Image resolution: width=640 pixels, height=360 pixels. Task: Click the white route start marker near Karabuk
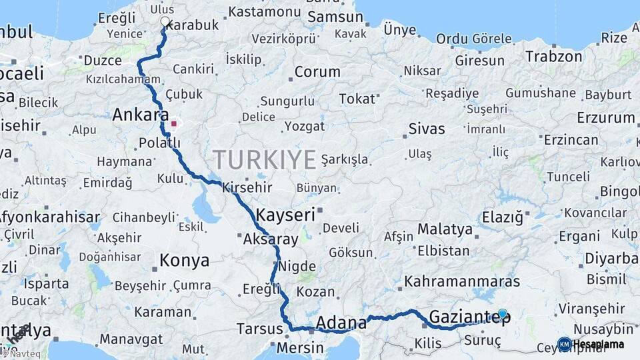(165, 22)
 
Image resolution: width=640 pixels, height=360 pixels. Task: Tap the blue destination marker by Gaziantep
(502, 313)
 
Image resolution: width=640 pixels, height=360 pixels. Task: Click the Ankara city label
(140, 115)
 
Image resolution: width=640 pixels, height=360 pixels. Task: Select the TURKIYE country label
(265, 160)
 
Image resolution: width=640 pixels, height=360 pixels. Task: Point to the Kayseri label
(285, 215)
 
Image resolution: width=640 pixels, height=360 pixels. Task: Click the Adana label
(340, 323)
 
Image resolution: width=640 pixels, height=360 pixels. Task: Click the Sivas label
(427, 129)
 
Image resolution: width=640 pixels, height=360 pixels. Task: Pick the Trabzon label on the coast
(553, 57)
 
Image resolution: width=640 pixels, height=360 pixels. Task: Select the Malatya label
(445, 229)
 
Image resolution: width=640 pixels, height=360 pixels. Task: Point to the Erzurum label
(607, 118)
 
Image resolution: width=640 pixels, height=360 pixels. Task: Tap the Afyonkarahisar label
(49, 217)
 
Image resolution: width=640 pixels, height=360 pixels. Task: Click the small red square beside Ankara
(174, 123)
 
